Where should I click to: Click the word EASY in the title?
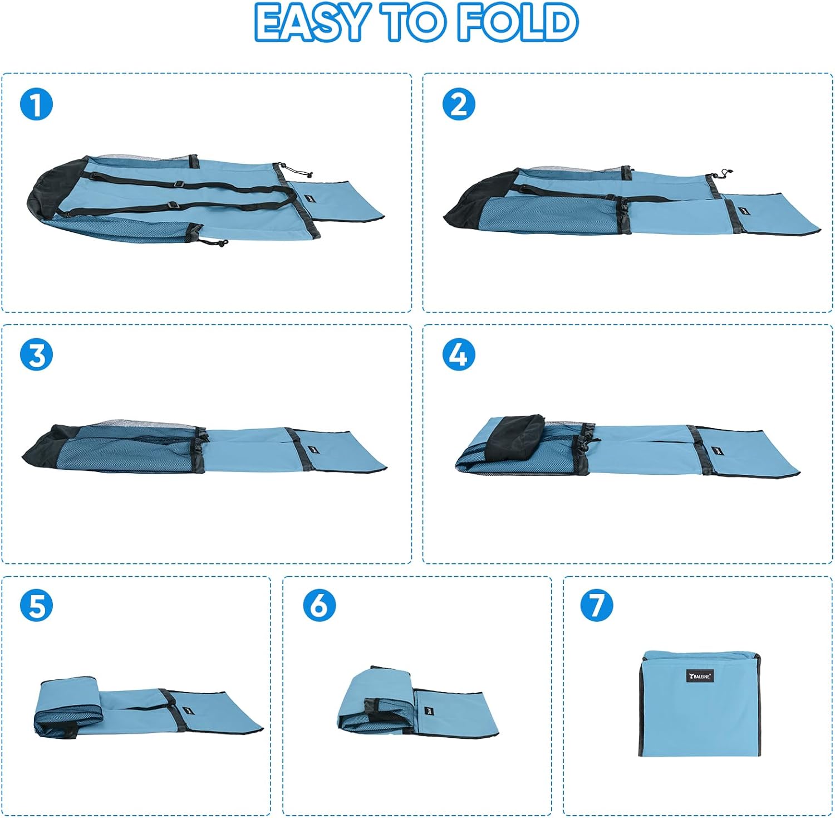[x=312, y=22]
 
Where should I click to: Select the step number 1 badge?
[x=36, y=104]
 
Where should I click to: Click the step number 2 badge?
[x=459, y=104]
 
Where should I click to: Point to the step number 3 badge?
[x=36, y=354]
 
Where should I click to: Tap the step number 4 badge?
[x=459, y=354]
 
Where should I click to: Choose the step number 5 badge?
[x=36, y=606]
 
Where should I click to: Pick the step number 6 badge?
[x=319, y=606]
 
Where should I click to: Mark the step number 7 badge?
[x=596, y=606]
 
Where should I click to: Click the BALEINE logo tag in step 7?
[x=700, y=676]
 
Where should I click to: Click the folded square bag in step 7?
[x=699, y=703]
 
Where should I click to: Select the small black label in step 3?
[x=310, y=451]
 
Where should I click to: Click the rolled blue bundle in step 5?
[x=67, y=707]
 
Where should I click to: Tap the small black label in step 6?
[x=429, y=711]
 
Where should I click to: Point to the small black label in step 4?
[x=716, y=450]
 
